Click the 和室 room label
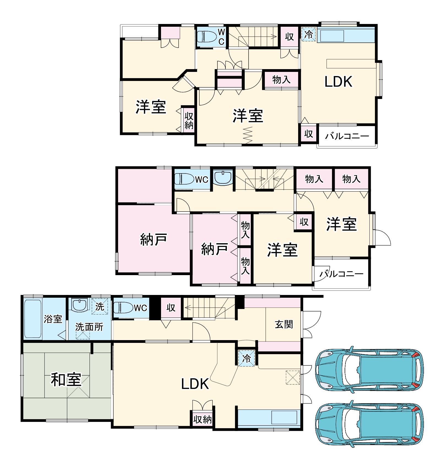(x=66, y=379)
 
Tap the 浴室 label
(x=53, y=319)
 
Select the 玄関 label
(x=284, y=324)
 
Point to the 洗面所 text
(x=89, y=327)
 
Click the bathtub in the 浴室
(x=33, y=319)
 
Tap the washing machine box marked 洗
(x=100, y=307)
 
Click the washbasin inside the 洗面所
(x=79, y=305)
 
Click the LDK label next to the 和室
(x=195, y=384)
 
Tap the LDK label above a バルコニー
(x=338, y=82)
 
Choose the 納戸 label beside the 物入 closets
(x=214, y=249)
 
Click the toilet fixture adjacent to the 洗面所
(x=123, y=308)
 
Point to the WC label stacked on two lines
(x=221, y=37)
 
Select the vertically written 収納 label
(x=189, y=121)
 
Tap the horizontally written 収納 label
(x=202, y=419)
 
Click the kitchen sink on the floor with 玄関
(x=284, y=417)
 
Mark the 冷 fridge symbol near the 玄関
(x=246, y=358)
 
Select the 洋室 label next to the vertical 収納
(x=151, y=107)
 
